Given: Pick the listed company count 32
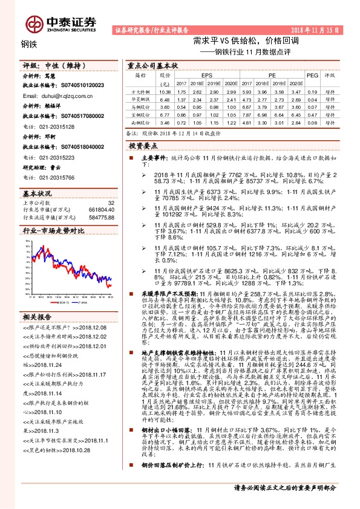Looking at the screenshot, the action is coord(110,203).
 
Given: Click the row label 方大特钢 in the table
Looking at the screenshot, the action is coord(141,91).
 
